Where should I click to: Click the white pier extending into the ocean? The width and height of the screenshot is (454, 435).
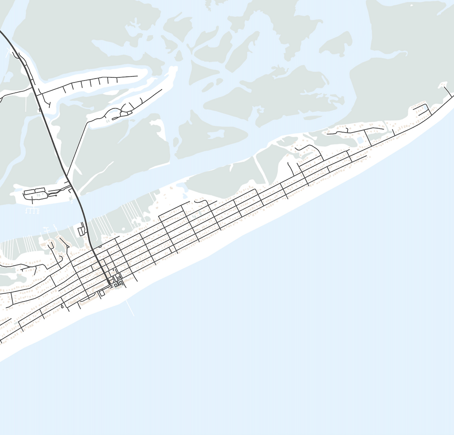(x=130, y=308)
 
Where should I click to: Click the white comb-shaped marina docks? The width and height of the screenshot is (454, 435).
(x=32, y=210)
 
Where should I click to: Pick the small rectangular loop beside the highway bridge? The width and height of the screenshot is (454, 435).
(x=81, y=231)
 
